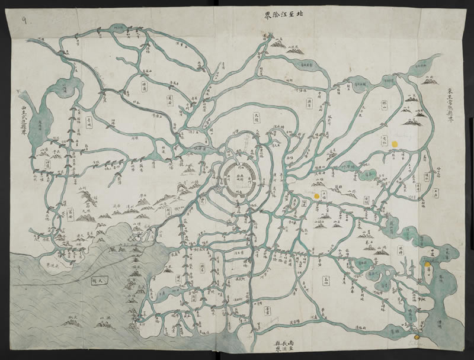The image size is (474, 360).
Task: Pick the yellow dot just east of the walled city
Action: point(317,195)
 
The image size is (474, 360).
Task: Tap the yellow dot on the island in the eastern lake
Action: point(427,263)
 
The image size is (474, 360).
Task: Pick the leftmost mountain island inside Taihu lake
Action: point(72,323)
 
